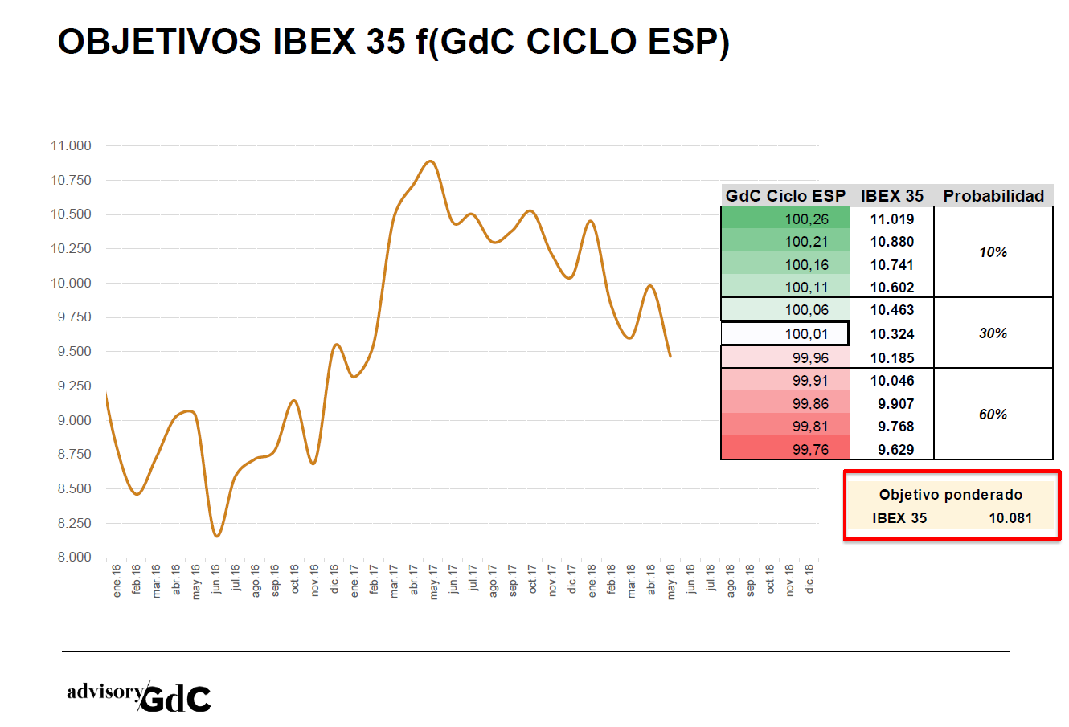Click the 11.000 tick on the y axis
71,146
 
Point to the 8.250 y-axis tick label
71,523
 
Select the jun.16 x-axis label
216,579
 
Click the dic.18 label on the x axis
809,578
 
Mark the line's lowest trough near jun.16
216,536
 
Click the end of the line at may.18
670,356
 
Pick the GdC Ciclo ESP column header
785,196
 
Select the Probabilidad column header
993,196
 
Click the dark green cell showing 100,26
786,219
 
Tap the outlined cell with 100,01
784,333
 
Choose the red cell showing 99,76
786,449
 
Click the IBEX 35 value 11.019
892,219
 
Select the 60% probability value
993,415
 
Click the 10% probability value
993,252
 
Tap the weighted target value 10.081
1010,518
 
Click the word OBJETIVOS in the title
159,42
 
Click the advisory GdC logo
139,696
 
